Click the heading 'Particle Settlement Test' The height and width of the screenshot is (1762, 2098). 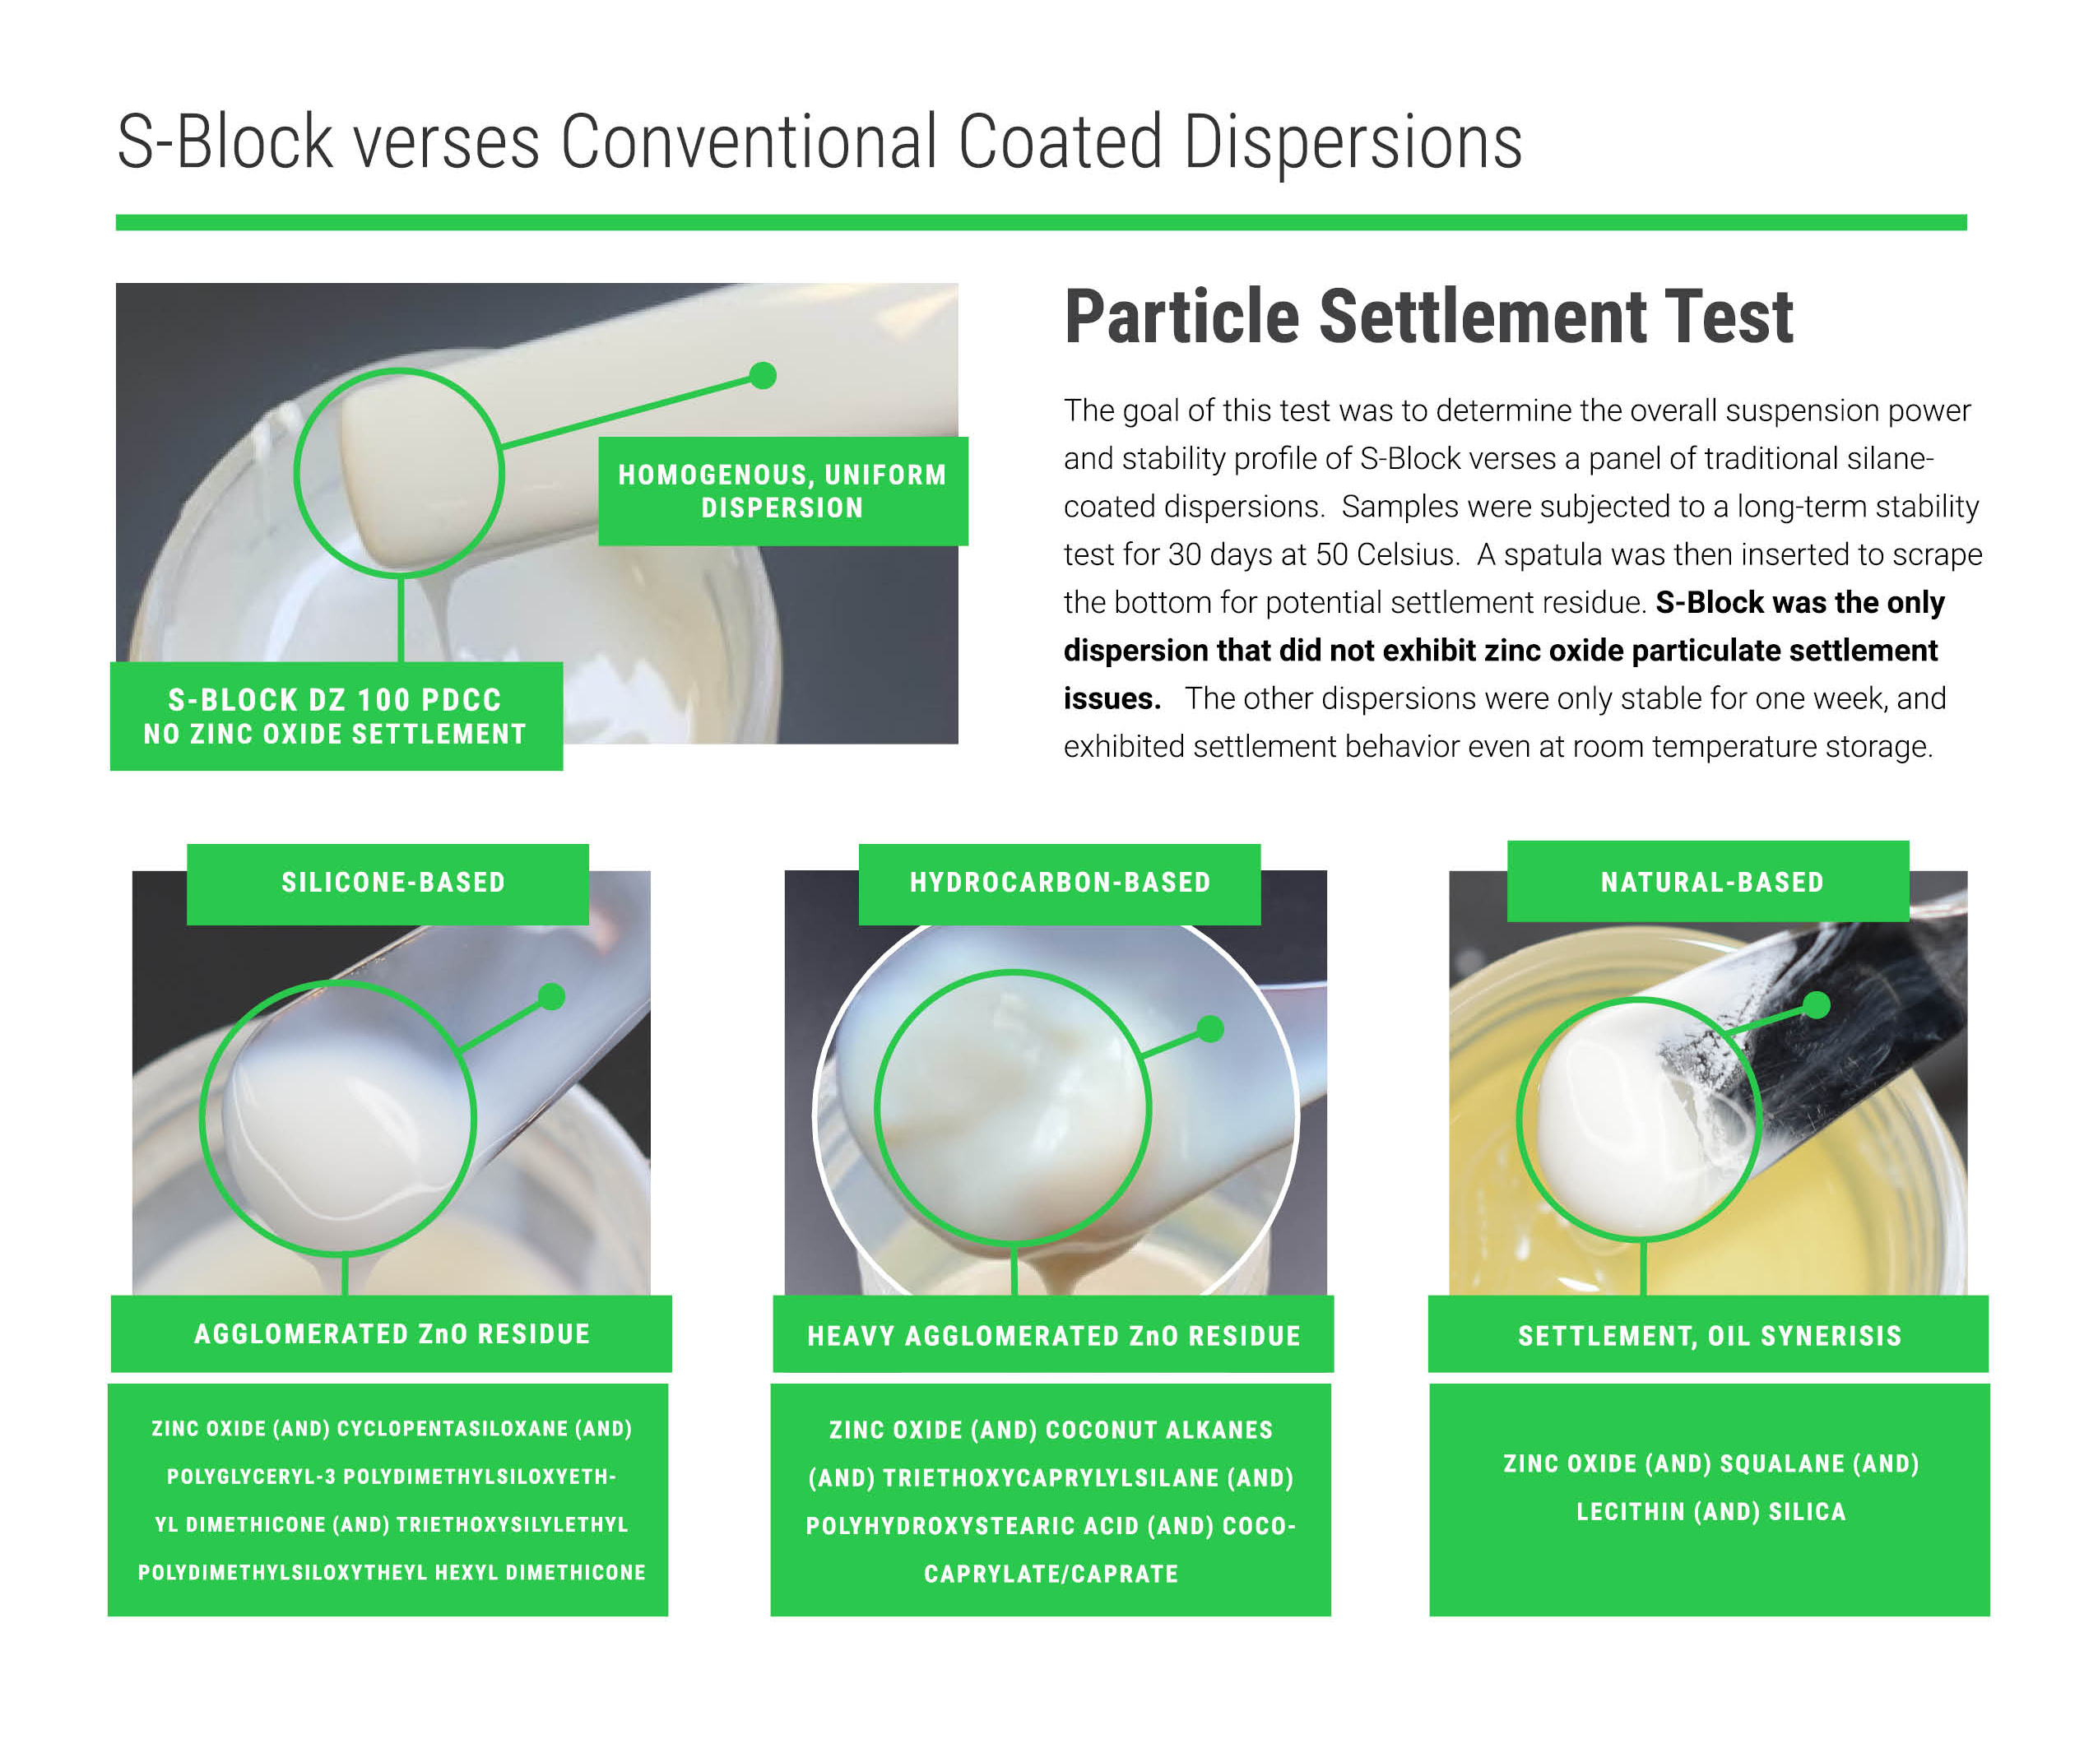coord(1427,317)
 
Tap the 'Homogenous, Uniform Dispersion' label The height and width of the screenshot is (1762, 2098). coord(783,490)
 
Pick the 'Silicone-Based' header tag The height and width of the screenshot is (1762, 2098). coord(388,883)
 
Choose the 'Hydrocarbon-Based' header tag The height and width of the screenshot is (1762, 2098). coord(1059,883)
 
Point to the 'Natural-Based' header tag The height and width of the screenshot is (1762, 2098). coord(1707,881)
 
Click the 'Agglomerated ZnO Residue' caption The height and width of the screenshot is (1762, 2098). coord(392,1333)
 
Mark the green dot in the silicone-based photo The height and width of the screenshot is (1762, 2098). coord(551,997)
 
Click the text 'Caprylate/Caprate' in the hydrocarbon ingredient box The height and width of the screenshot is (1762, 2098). coord(1051,1574)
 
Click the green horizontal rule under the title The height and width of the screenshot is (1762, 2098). coord(1041,223)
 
